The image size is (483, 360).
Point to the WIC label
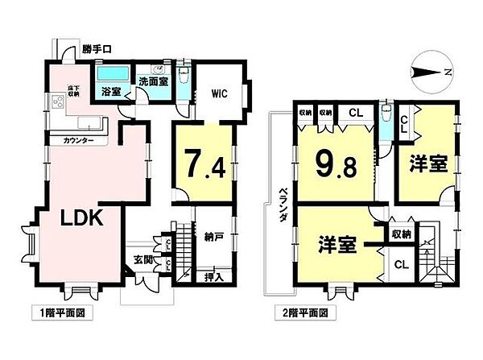tap(221, 93)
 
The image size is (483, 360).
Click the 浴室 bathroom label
tap(111, 92)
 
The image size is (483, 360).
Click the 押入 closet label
tap(213, 276)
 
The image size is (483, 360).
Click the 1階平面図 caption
tap(58, 311)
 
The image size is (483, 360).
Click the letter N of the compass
tap(447, 73)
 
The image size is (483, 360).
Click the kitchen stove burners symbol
tap(58, 102)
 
